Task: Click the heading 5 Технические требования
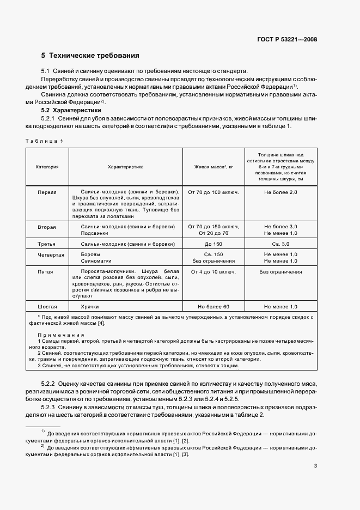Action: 90,56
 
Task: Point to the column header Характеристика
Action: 126,167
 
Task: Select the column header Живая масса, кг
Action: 213,167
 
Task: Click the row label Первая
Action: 47,193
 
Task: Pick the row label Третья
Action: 47,245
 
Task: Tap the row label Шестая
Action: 47,307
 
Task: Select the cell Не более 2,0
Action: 280,193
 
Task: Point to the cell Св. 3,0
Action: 280,245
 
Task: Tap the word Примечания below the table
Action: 61,335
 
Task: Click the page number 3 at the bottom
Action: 315,466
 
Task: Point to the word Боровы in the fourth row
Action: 90,254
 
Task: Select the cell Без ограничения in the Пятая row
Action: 280,271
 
